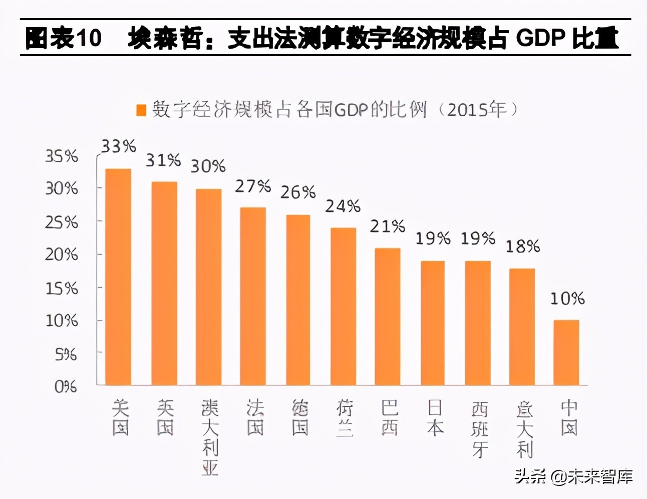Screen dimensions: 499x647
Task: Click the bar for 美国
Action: tap(118, 277)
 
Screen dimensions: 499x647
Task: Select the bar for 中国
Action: tap(566, 352)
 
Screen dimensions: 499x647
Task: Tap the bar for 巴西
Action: tap(388, 316)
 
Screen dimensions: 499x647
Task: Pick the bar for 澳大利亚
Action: tap(208, 287)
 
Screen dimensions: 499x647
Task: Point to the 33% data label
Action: tap(119, 146)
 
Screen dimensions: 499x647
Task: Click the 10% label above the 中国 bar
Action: tap(567, 299)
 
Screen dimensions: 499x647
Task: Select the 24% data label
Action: tap(343, 206)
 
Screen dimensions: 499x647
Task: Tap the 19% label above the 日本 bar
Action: tap(433, 238)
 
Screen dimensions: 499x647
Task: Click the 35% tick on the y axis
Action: tap(62, 156)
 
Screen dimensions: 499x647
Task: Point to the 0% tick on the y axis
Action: tap(66, 387)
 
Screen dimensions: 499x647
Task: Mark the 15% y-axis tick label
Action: tap(62, 289)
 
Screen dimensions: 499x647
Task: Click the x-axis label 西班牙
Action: tap(479, 429)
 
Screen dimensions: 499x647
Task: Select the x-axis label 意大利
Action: tap(524, 429)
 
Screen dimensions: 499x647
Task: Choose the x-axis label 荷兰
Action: tap(345, 418)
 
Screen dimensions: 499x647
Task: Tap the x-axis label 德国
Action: tap(299, 418)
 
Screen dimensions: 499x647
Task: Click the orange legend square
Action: tap(141, 110)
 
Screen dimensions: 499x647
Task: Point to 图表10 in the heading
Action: tap(63, 38)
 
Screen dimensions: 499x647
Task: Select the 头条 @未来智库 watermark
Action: tap(574, 476)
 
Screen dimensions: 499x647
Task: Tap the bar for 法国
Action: tap(253, 296)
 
